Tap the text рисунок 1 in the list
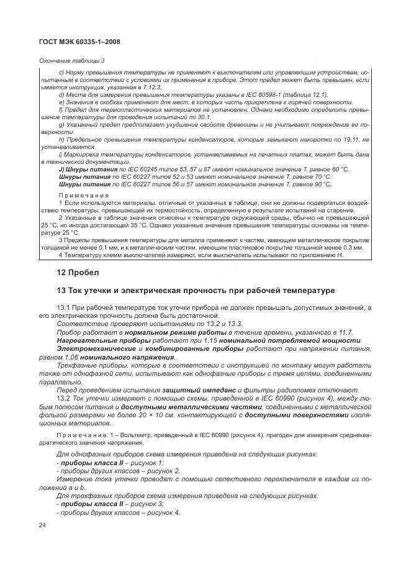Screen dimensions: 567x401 click(138, 463)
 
